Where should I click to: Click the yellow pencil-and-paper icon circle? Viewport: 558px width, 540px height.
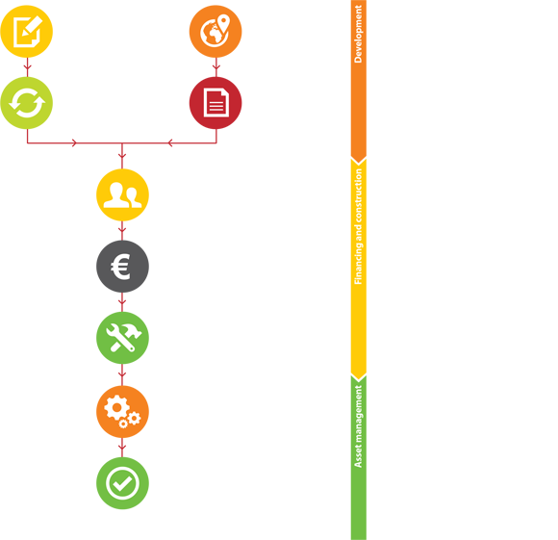point(27,32)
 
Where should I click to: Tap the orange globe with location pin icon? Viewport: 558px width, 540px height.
point(216,32)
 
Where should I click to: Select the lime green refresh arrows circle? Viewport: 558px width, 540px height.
point(27,103)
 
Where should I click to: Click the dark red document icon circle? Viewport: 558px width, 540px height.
point(216,103)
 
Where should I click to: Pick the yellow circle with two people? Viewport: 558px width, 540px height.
point(122,195)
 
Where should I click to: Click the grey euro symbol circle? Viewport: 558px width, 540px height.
point(122,267)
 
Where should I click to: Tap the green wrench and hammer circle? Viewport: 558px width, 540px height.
point(122,338)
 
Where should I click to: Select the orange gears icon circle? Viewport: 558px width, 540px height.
point(122,412)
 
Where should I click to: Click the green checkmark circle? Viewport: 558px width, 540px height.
point(122,483)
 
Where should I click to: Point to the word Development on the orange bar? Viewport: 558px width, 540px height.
point(358,35)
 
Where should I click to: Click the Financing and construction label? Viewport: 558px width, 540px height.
point(358,226)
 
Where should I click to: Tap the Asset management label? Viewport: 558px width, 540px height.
point(358,426)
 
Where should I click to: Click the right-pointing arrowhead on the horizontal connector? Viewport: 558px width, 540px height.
point(74,143)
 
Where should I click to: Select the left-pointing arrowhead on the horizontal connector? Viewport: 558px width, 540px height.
point(170,143)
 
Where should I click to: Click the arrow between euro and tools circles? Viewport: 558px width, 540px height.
point(122,302)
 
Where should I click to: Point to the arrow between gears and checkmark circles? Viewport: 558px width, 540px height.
point(122,448)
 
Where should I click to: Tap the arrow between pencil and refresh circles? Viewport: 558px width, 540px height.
point(27,67)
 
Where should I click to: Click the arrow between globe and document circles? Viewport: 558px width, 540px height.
point(216,67)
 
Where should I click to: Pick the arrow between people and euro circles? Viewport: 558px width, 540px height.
point(122,231)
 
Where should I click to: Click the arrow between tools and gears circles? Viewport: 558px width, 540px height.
point(122,374)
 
